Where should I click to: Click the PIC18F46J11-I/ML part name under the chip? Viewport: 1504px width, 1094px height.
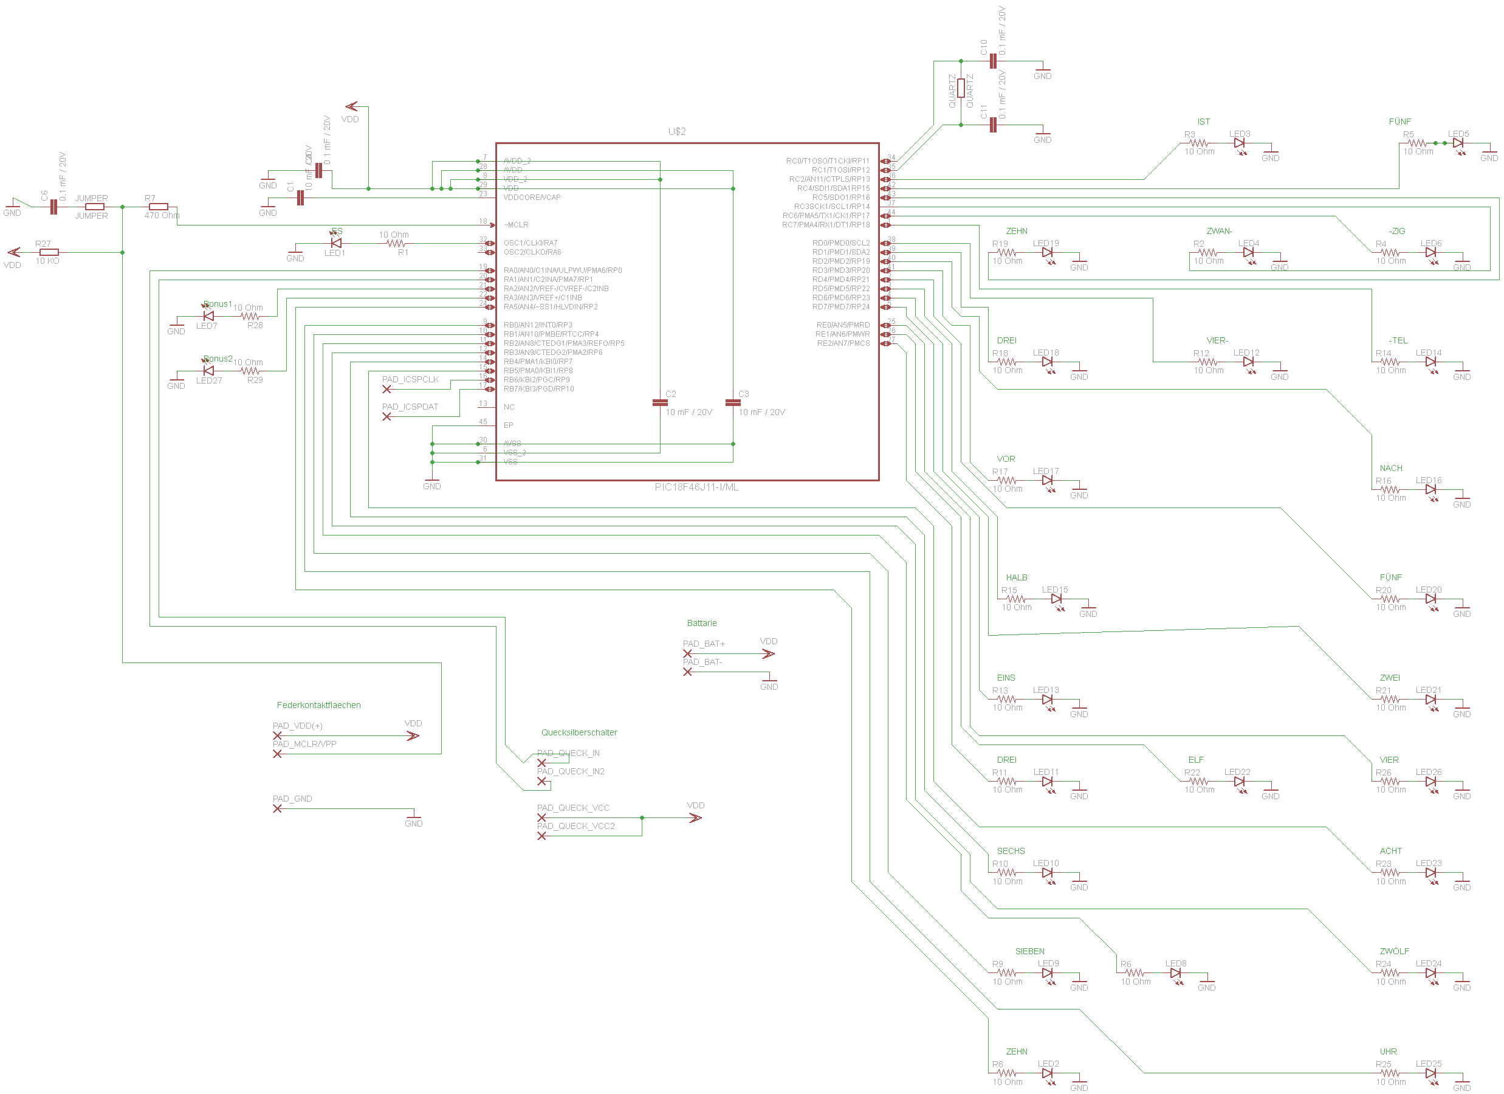point(696,487)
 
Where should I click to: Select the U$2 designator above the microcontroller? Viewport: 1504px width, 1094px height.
point(676,131)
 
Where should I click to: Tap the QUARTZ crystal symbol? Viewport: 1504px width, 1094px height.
point(960,88)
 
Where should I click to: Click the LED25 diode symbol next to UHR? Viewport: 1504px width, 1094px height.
point(1430,1073)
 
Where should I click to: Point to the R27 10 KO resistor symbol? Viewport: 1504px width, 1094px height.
point(49,252)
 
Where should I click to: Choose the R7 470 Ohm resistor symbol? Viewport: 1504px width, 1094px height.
point(159,206)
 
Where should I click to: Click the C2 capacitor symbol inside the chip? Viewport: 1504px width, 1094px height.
point(660,402)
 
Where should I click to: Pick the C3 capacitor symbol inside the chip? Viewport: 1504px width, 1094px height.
point(733,402)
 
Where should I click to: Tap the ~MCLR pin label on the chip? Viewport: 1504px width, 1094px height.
point(515,225)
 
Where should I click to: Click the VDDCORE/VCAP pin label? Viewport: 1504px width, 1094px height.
point(532,197)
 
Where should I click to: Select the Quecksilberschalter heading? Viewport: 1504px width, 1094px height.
point(579,732)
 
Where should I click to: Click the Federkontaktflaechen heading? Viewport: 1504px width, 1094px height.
point(318,705)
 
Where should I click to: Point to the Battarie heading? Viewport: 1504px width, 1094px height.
point(702,623)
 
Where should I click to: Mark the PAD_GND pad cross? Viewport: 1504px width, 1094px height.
point(277,808)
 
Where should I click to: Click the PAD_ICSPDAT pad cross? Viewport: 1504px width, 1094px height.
point(386,417)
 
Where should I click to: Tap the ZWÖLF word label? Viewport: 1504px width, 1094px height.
point(1394,951)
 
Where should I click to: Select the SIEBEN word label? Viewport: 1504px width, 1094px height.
point(1029,951)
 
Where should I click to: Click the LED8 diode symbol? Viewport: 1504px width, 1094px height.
point(1175,973)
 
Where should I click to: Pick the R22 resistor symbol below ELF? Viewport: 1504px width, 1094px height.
point(1199,782)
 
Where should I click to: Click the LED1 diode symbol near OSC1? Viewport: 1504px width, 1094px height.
point(336,243)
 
